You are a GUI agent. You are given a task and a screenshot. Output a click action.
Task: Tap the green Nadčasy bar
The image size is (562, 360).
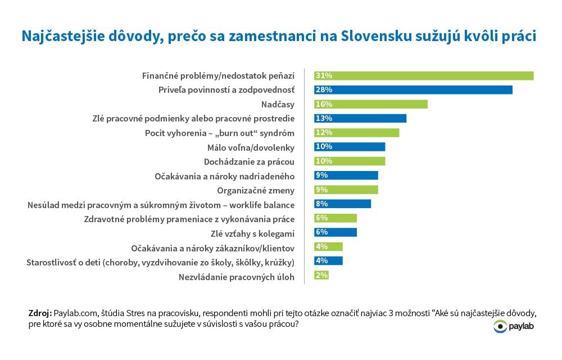tap(371, 104)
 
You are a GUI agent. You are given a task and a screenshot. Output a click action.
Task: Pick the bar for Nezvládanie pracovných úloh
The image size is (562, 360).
tap(321, 275)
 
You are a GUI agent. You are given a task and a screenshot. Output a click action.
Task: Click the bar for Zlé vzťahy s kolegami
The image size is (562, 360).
tap(336, 232)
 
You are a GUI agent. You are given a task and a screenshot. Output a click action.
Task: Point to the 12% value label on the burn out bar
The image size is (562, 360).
tap(324, 133)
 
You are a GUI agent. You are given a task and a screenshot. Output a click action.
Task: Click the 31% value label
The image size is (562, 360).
tap(324, 75)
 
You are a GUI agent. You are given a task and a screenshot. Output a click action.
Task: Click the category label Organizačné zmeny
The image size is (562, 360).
tap(257, 190)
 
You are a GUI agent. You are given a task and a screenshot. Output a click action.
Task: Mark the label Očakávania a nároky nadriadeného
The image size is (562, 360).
tap(225, 176)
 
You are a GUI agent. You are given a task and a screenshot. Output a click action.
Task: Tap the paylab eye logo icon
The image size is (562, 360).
tap(500, 327)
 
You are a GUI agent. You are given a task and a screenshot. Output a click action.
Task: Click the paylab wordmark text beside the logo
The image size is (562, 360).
tap(522, 327)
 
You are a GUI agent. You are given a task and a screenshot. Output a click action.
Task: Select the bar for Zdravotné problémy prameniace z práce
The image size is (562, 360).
tap(336, 218)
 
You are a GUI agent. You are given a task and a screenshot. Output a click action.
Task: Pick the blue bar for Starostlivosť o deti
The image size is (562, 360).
tap(328, 261)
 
